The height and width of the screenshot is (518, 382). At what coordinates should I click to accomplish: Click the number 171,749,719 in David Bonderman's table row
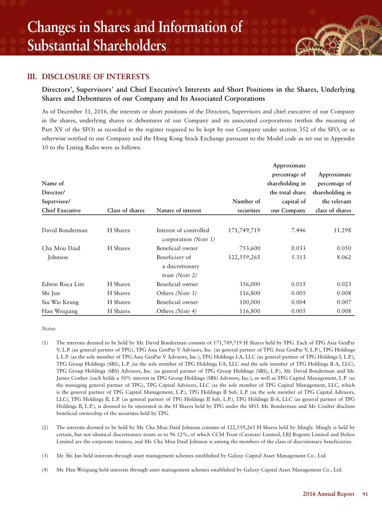point(244,230)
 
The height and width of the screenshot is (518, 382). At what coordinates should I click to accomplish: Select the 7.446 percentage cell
point(298,230)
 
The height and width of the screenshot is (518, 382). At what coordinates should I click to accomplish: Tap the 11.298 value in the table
point(343,230)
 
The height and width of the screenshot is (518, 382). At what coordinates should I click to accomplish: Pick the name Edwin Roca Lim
point(63,284)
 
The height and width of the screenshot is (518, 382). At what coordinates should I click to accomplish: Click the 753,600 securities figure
point(250,248)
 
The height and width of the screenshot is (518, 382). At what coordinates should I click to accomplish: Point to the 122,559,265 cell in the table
point(244,257)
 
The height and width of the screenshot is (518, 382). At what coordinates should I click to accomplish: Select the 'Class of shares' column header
point(126,210)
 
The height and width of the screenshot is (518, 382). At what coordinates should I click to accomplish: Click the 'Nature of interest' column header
point(178,210)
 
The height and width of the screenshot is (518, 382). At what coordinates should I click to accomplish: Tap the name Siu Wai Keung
point(60,302)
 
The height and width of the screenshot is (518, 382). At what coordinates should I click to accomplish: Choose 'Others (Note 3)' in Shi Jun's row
point(176,293)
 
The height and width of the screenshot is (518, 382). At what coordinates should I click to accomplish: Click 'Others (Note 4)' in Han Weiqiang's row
point(176,311)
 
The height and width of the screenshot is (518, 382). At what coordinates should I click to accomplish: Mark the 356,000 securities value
point(250,284)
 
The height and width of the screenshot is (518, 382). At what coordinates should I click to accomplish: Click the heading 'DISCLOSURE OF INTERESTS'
point(96,77)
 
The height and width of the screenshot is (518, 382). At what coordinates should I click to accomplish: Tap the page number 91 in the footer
point(365,494)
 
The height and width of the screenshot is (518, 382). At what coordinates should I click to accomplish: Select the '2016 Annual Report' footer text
point(328,494)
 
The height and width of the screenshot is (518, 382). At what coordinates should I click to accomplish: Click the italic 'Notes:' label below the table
point(49,329)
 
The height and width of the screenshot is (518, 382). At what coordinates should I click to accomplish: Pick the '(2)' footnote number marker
point(45,428)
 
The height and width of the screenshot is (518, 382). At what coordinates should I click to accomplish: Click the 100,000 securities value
point(250,302)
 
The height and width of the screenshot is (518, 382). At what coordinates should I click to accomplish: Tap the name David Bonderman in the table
point(65,230)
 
